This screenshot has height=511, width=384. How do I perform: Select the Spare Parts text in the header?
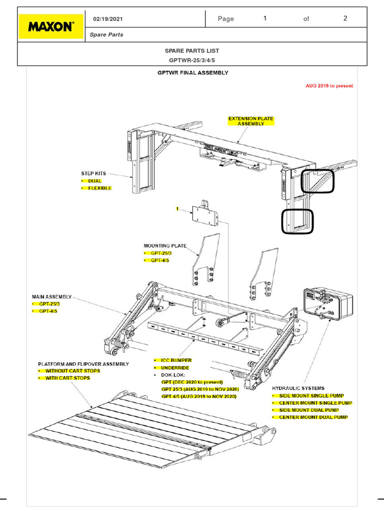106,35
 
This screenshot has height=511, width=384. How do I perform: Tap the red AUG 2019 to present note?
329,86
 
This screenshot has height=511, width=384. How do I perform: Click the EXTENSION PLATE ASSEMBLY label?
251,121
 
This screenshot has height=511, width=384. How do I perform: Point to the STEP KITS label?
94,174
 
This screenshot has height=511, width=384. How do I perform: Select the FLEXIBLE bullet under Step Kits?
99,189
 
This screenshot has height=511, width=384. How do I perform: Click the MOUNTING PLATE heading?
165,246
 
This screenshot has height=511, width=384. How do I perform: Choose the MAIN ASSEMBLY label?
52,296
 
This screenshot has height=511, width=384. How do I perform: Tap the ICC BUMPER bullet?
175,360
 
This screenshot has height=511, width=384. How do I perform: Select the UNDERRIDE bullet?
174,367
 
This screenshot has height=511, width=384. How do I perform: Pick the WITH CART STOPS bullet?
67,378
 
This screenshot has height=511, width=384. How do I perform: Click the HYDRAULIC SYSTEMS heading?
298,388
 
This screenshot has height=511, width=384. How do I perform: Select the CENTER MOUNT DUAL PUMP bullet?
313,417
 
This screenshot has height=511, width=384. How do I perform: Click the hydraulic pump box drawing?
327,304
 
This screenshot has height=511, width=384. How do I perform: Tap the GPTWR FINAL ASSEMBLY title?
193,73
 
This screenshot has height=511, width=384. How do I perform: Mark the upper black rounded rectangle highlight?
317,181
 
